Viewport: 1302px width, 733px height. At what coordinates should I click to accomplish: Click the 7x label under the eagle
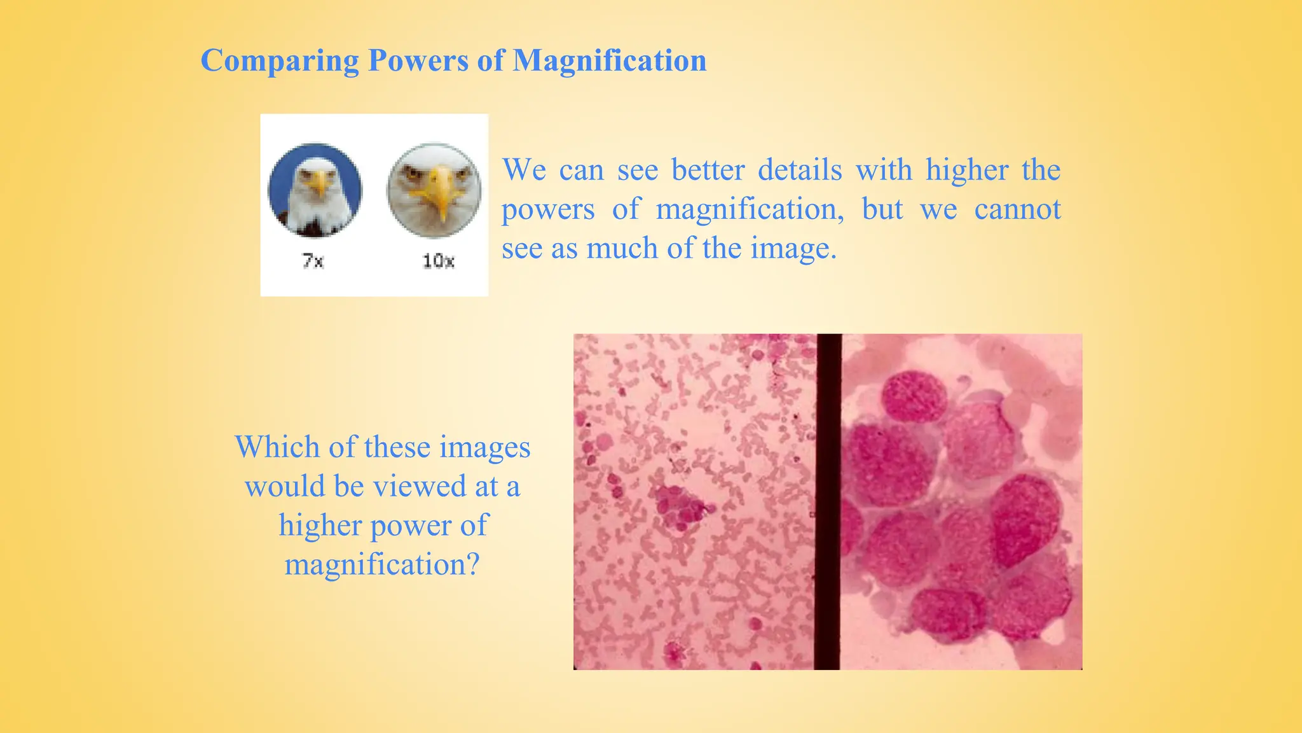[x=313, y=261]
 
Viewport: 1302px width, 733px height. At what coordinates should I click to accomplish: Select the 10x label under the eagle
[x=438, y=261]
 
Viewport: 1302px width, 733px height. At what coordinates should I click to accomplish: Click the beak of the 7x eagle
[x=319, y=185]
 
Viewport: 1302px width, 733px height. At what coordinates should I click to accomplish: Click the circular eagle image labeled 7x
[x=315, y=190]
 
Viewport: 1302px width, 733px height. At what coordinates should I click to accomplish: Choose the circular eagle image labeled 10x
[x=434, y=190]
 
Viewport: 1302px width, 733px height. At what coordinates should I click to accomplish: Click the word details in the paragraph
[x=800, y=170]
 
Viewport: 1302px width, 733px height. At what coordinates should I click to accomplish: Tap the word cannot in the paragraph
[x=1017, y=209]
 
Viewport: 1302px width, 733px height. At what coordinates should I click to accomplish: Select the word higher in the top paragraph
[x=966, y=170]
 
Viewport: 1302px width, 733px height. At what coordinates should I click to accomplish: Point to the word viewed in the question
[x=420, y=486]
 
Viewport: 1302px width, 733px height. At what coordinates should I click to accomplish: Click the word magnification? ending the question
[x=381, y=564]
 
